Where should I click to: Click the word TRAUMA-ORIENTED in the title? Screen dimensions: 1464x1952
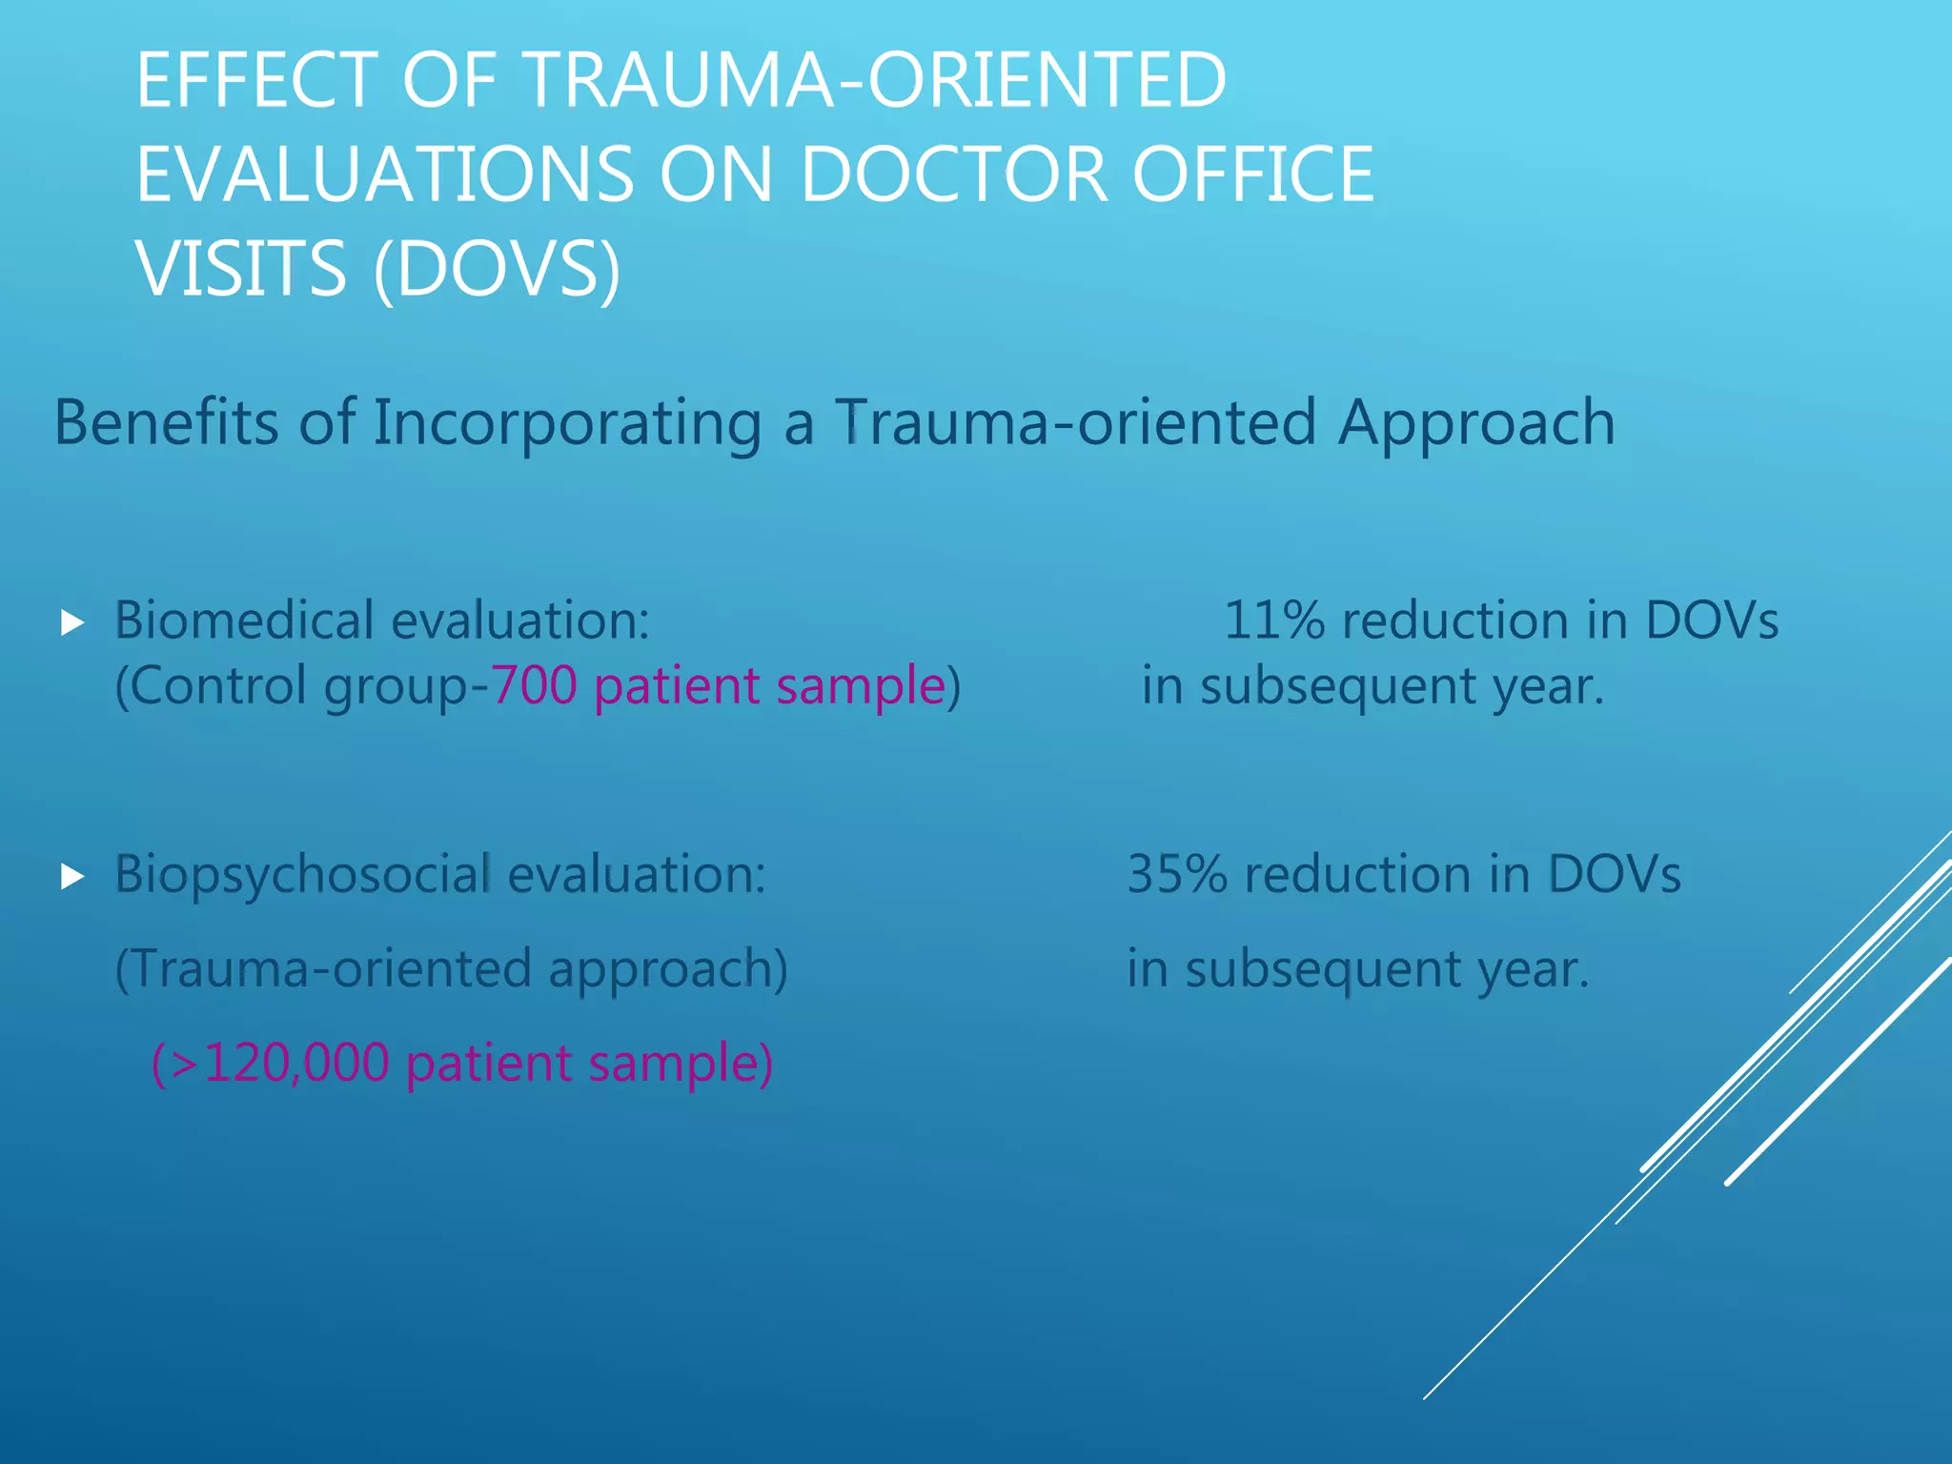[x=876, y=80]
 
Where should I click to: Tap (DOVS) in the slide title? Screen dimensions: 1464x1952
[x=497, y=270]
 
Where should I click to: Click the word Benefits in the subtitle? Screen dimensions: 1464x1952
[x=166, y=422]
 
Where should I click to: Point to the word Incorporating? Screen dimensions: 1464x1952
[x=566, y=422]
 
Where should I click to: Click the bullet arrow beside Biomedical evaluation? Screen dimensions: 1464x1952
[x=72, y=624]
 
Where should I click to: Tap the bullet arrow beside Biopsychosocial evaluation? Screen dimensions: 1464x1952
[x=72, y=877]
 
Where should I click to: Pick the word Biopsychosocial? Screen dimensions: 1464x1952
[x=302, y=875]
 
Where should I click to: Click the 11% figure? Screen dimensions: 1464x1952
[x=1273, y=620]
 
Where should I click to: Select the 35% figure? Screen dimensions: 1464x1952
[x=1177, y=874]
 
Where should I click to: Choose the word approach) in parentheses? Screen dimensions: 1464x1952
[x=668, y=970]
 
